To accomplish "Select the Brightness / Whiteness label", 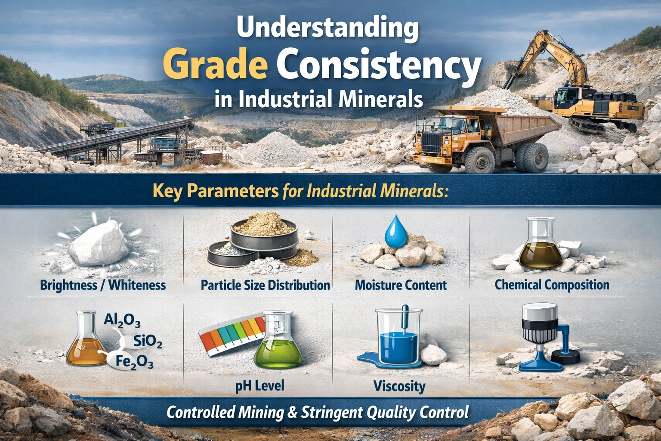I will (x=103, y=285).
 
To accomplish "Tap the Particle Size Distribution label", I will (x=265, y=285).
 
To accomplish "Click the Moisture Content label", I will (x=401, y=285).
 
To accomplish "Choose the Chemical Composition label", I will (x=552, y=285).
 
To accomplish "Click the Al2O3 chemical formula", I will (x=122, y=320).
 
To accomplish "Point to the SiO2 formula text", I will (x=148, y=342).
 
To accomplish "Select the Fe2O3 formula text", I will (x=134, y=363).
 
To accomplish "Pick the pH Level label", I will (x=259, y=385).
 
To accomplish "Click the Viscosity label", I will (x=399, y=386).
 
